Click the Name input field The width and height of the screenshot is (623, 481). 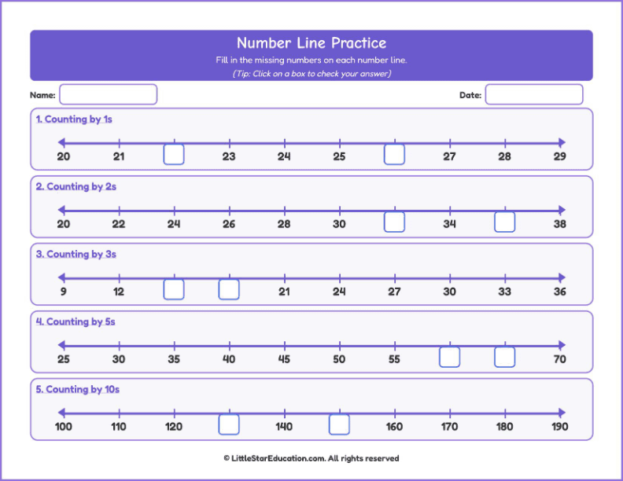click(108, 94)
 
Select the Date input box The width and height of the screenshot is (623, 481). click(533, 94)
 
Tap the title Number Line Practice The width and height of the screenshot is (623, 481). click(311, 43)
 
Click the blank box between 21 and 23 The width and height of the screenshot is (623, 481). click(174, 155)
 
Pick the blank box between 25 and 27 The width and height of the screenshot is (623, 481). click(394, 155)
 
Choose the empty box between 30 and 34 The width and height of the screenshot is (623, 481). click(394, 222)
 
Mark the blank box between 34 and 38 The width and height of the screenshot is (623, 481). click(504, 222)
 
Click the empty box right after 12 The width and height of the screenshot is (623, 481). click(174, 290)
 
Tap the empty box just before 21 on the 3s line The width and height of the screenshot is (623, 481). click(229, 290)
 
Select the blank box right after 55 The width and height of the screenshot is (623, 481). click(449, 358)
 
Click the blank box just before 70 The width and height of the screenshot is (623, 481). click(504, 358)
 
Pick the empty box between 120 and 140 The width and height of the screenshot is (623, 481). click(229, 425)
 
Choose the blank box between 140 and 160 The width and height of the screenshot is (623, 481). click(339, 425)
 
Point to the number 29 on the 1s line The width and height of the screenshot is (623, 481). click(559, 156)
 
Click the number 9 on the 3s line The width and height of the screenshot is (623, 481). click(64, 292)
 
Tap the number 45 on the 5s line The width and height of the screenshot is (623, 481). click(284, 359)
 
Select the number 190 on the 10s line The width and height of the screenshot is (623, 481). click(559, 427)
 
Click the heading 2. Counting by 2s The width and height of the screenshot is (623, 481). click(76, 187)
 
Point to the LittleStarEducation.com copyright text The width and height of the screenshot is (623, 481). click(311, 458)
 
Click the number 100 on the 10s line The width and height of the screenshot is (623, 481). click(64, 427)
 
